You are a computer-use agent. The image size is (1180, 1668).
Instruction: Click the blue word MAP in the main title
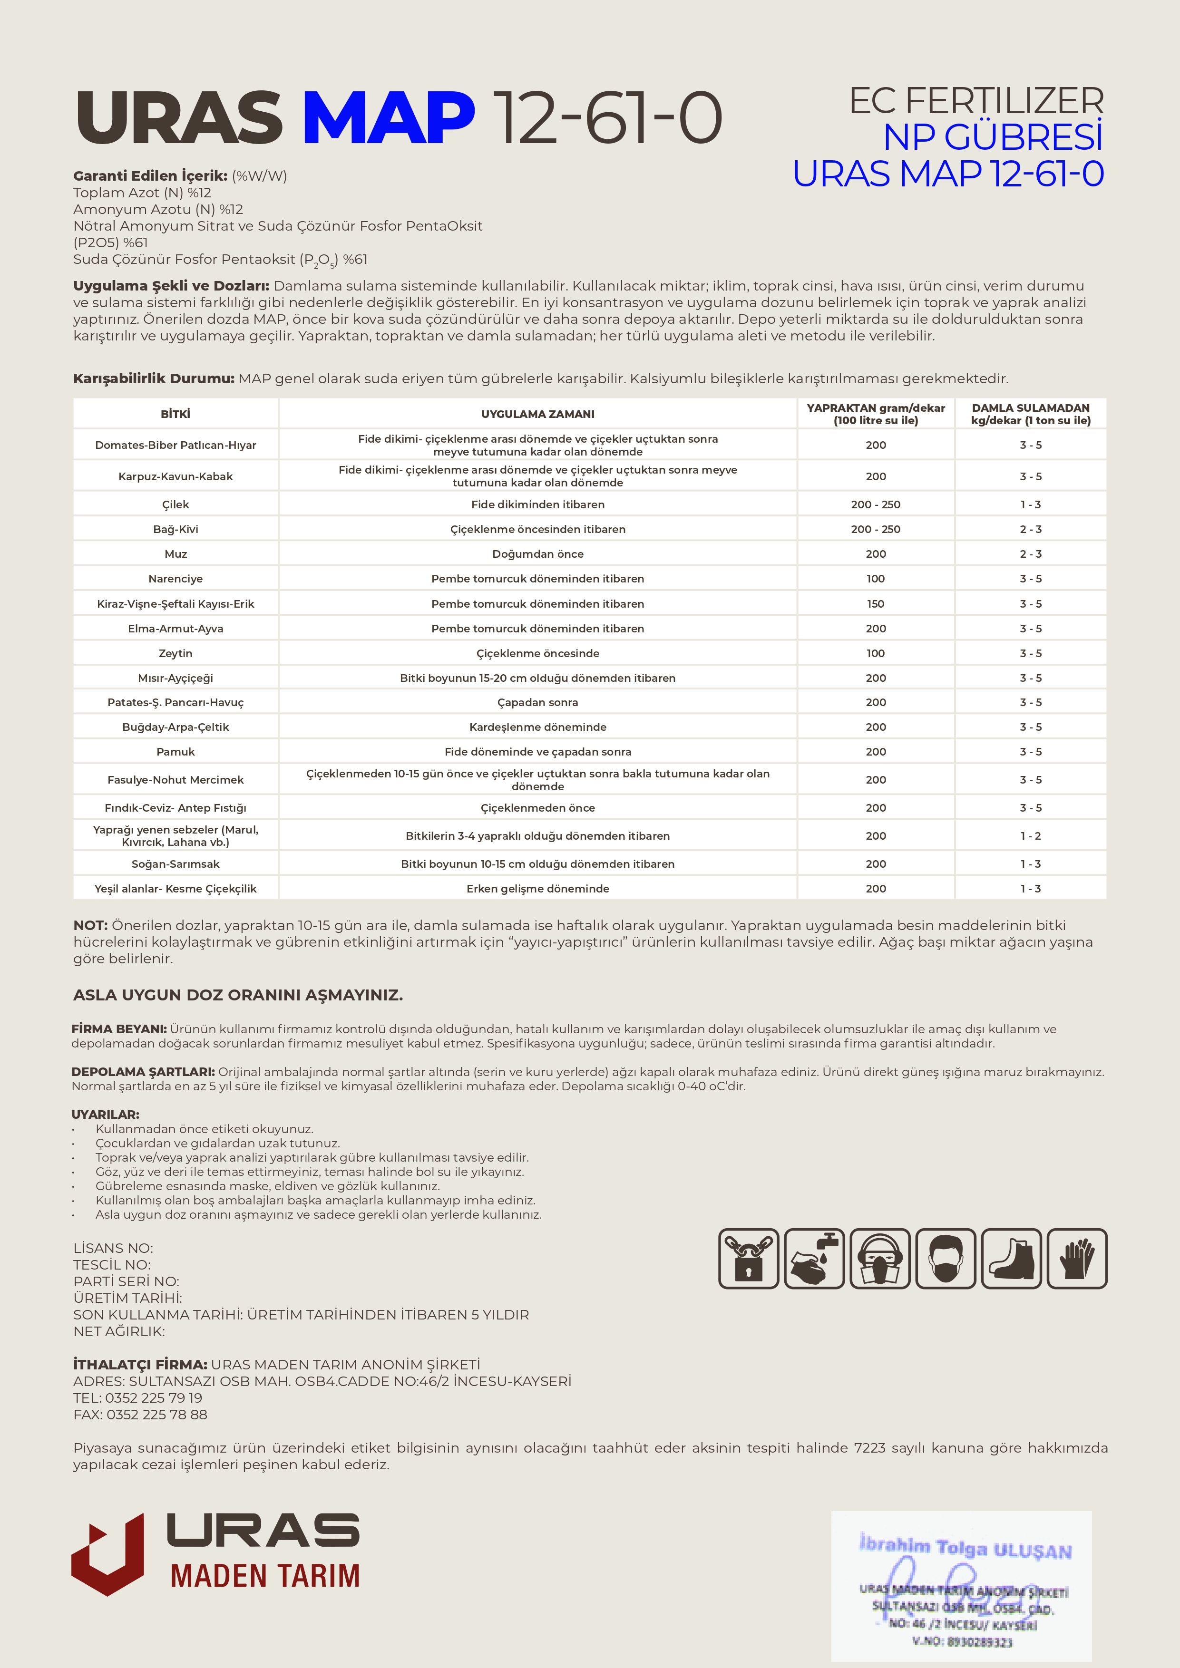click(x=388, y=118)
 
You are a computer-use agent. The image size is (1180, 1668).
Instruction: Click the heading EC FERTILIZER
click(x=976, y=101)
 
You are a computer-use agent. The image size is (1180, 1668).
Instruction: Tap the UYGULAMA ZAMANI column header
click(x=538, y=414)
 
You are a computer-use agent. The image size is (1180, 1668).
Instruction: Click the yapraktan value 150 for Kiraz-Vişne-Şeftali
click(x=876, y=604)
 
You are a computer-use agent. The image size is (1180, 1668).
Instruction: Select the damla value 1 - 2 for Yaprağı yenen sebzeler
click(x=1030, y=835)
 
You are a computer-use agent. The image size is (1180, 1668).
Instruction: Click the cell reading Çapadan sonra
click(x=538, y=702)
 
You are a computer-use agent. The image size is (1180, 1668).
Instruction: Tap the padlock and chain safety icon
click(x=749, y=1258)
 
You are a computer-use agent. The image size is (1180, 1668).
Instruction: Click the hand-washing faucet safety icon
click(x=814, y=1258)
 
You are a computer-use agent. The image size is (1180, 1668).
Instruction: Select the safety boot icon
click(x=1011, y=1258)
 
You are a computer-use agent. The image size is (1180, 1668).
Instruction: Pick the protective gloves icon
click(x=1077, y=1258)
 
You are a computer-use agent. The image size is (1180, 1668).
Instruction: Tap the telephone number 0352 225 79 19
click(x=153, y=1398)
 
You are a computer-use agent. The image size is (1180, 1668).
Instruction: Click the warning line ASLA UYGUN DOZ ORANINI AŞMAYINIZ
click(x=238, y=995)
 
